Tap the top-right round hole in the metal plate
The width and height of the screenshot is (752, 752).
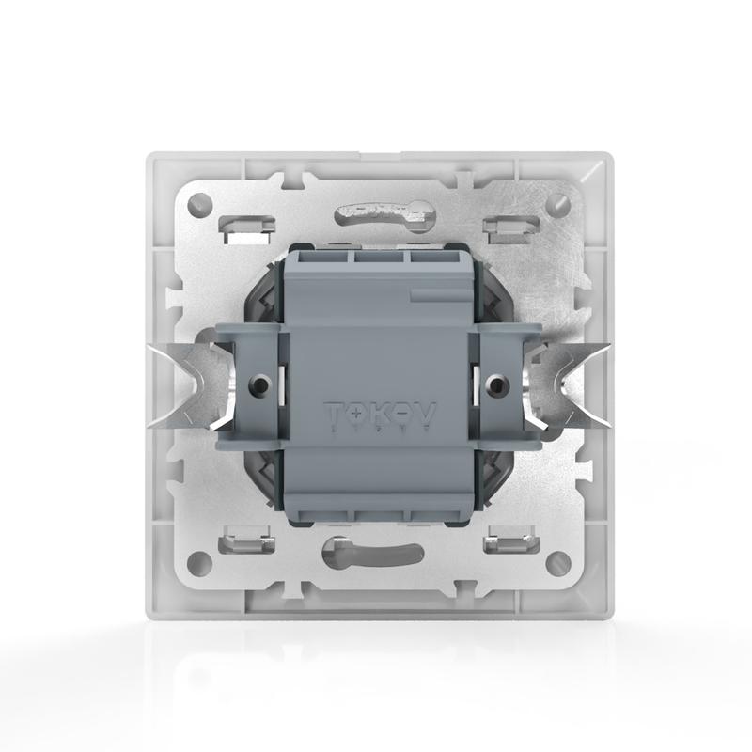click(556, 201)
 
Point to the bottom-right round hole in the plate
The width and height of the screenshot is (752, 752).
click(556, 562)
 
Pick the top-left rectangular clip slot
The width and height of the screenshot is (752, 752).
click(242, 226)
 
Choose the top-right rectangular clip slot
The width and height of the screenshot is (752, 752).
click(508, 226)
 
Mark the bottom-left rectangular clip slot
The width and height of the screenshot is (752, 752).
click(242, 543)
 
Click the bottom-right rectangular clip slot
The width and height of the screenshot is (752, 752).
click(508, 543)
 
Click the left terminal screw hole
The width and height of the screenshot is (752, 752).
click(257, 384)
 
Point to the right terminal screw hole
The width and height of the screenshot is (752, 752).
click(495, 384)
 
